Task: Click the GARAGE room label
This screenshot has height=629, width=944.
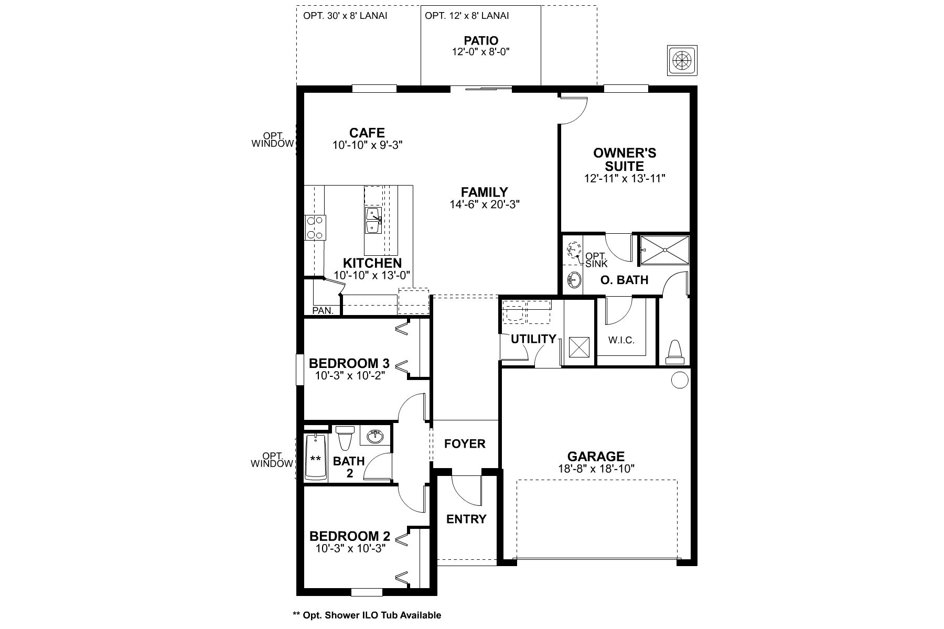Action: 596,457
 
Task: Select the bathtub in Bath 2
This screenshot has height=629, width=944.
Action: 316,457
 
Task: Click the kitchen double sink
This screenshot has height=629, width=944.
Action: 373,221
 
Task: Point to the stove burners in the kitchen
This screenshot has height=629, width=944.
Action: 315,227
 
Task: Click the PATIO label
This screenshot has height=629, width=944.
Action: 481,40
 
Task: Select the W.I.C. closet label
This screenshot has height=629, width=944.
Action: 621,340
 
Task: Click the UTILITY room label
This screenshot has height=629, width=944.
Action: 533,339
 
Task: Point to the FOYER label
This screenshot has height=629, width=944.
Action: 465,444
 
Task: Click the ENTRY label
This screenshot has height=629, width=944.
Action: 466,519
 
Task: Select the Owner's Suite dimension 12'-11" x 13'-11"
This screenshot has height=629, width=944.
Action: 625,179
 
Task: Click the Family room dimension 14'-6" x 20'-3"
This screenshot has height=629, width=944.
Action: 484,204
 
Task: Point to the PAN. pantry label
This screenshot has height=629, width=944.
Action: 323,310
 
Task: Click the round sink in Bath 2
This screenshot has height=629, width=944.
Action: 375,436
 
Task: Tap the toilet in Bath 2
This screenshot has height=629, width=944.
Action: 345,438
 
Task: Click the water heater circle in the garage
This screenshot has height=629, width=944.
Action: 679,379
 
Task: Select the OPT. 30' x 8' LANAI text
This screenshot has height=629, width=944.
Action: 345,16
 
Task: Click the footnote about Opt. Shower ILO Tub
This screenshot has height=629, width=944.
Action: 367,615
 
